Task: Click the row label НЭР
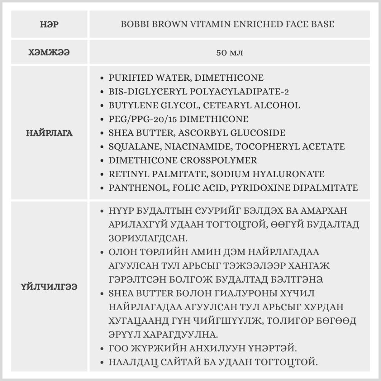[x=50, y=24]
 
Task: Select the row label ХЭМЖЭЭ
[x=50, y=53]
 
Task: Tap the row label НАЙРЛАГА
[x=50, y=133]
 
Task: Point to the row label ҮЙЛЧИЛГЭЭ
[x=50, y=287]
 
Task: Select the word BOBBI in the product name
[x=133, y=24]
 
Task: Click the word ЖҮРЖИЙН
[x=157, y=348]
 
